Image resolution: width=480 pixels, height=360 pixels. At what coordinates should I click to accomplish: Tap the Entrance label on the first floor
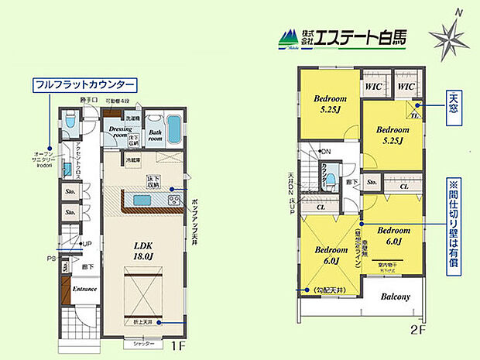pyautogui.click(x=84, y=289)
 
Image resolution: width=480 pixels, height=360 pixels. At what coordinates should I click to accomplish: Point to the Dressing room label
pyautogui.click(x=121, y=131)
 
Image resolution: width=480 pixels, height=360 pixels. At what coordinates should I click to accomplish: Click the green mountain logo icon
pyautogui.click(x=286, y=37)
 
